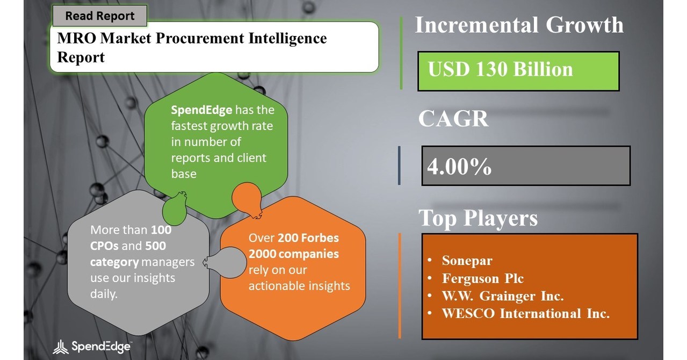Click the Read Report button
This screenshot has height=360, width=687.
click(x=99, y=16)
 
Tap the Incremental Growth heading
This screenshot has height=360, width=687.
click(x=519, y=25)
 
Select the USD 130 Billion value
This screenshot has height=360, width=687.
click(x=500, y=70)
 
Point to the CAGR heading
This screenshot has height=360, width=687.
click(x=453, y=119)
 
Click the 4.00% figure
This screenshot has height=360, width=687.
click(x=459, y=167)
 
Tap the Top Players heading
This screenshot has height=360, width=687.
click(x=478, y=218)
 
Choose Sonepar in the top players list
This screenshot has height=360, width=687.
click(x=467, y=261)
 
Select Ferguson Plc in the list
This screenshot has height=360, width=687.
click(x=482, y=278)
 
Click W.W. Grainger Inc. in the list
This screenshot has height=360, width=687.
click(x=502, y=296)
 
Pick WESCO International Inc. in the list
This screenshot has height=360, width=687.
click(x=525, y=313)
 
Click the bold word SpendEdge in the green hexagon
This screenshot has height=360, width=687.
click(x=201, y=111)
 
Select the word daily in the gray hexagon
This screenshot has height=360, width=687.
click(x=104, y=294)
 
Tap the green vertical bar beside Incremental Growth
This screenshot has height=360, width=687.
click(x=401, y=53)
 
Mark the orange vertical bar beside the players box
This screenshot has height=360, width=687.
click(x=400, y=286)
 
